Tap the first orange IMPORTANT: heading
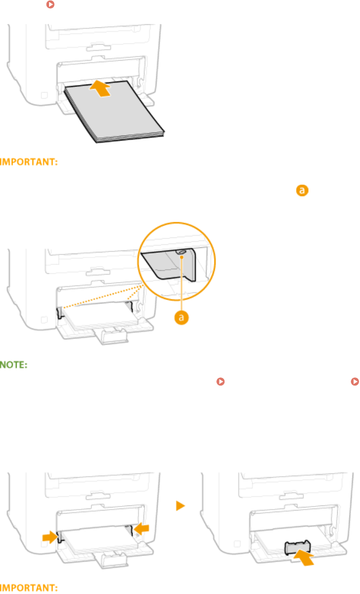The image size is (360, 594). coord(31,162)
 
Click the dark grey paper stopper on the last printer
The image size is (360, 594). coord(297,548)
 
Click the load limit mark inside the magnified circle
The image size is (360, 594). coord(179,251)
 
